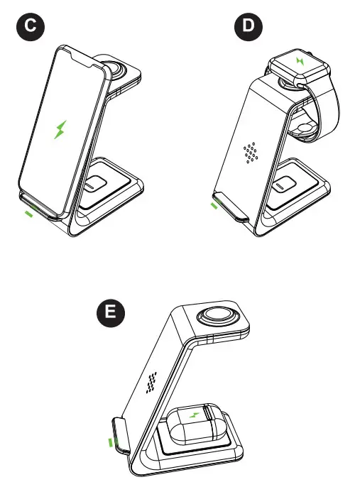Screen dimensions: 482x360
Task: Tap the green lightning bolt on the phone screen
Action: tap(61, 129)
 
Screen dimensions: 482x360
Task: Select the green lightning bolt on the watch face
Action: tap(299, 61)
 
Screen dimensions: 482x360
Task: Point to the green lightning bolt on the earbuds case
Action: tap(193, 412)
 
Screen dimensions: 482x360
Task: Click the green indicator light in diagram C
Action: tap(28, 214)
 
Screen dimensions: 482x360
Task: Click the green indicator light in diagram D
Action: tap(214, 207)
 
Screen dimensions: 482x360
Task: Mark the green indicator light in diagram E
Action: tap(110, 443)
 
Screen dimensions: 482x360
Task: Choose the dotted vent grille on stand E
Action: tap(151, 383)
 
